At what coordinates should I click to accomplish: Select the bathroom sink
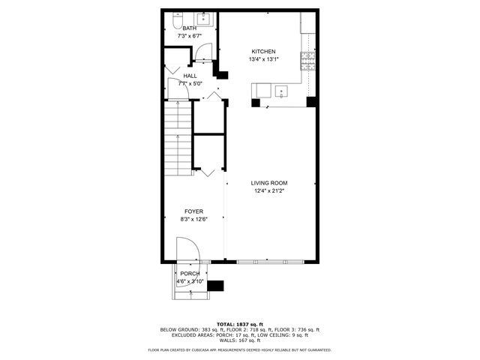[203, 18]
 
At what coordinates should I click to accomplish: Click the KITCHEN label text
[262, 52]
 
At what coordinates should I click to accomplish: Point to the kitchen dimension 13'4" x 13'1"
[262, 59]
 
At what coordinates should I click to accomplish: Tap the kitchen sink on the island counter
[281, 91]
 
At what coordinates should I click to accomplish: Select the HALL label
[190, 76]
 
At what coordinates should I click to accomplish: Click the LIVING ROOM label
[269, 183]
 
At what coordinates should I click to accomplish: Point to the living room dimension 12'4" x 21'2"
[269, 190]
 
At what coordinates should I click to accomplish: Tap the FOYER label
[193, 211]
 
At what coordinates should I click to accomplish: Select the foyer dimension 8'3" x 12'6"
[193, 219]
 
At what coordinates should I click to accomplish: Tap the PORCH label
[190, 274]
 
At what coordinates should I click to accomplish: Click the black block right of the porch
[216, 285]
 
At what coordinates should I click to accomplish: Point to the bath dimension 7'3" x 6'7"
[190, 36]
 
